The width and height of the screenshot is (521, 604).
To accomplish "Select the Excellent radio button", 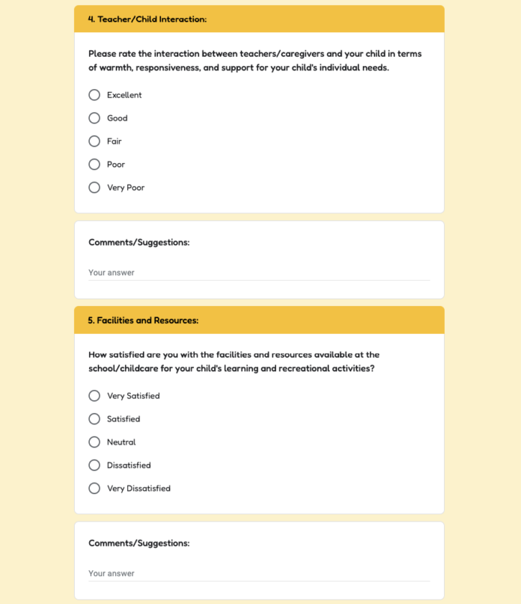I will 94,95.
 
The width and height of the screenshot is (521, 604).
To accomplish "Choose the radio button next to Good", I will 94,118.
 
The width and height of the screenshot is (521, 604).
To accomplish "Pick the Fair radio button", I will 94,141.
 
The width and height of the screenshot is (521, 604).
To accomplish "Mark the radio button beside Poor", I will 94,165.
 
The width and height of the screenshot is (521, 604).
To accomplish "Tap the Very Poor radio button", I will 94,188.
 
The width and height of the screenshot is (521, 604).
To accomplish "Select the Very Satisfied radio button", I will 94,396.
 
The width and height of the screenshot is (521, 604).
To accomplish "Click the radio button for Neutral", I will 94,442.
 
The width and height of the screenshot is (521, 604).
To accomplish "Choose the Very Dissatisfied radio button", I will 94,489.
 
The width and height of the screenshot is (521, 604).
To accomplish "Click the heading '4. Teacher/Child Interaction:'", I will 147,19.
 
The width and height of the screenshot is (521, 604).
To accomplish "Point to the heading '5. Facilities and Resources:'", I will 143,320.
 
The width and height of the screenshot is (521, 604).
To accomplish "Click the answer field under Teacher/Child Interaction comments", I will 258,273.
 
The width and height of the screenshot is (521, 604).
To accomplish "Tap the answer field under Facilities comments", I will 258,574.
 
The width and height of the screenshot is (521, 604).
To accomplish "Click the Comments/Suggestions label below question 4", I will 138,242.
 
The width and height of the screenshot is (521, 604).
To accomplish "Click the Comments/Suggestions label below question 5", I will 138,543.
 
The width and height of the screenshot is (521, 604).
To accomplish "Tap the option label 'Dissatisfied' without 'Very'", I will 129,466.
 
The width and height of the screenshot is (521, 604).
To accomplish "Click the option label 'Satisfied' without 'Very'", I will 124,419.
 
